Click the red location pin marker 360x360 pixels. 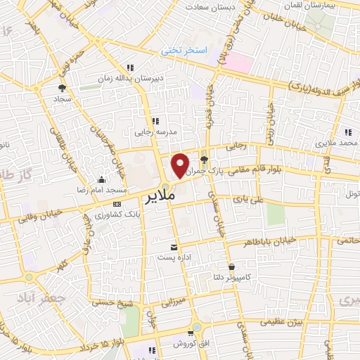(x=181, y=165)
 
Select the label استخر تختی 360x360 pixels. (x=185, y=51)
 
